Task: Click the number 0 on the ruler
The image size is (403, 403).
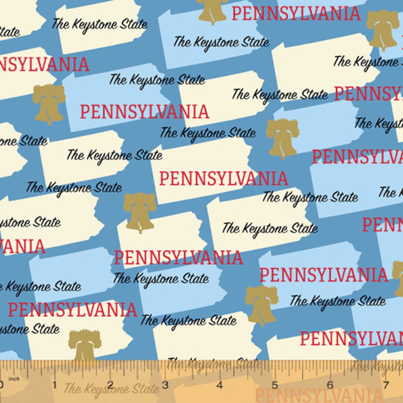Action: tap(1, 385)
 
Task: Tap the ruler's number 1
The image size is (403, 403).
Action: tap(55, 385)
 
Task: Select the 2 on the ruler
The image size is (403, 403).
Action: tap(110, 385)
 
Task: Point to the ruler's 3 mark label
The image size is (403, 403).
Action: tap(165, 385)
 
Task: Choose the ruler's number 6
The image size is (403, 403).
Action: tap(330, 385)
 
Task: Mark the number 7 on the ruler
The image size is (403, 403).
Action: tap(385, 385)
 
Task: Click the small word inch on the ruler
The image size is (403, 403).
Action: tap(14, 379)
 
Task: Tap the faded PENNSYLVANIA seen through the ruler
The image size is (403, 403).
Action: tap(317, 395)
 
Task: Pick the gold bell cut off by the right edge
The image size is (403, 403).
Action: tap(398, 278)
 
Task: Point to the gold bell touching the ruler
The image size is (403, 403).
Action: tap(85, 345)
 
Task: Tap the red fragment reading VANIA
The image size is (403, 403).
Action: tap(22, 247)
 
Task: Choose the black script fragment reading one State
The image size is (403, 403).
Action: tap(23, 141)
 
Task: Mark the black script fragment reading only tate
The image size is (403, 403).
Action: tap(10, 32)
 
